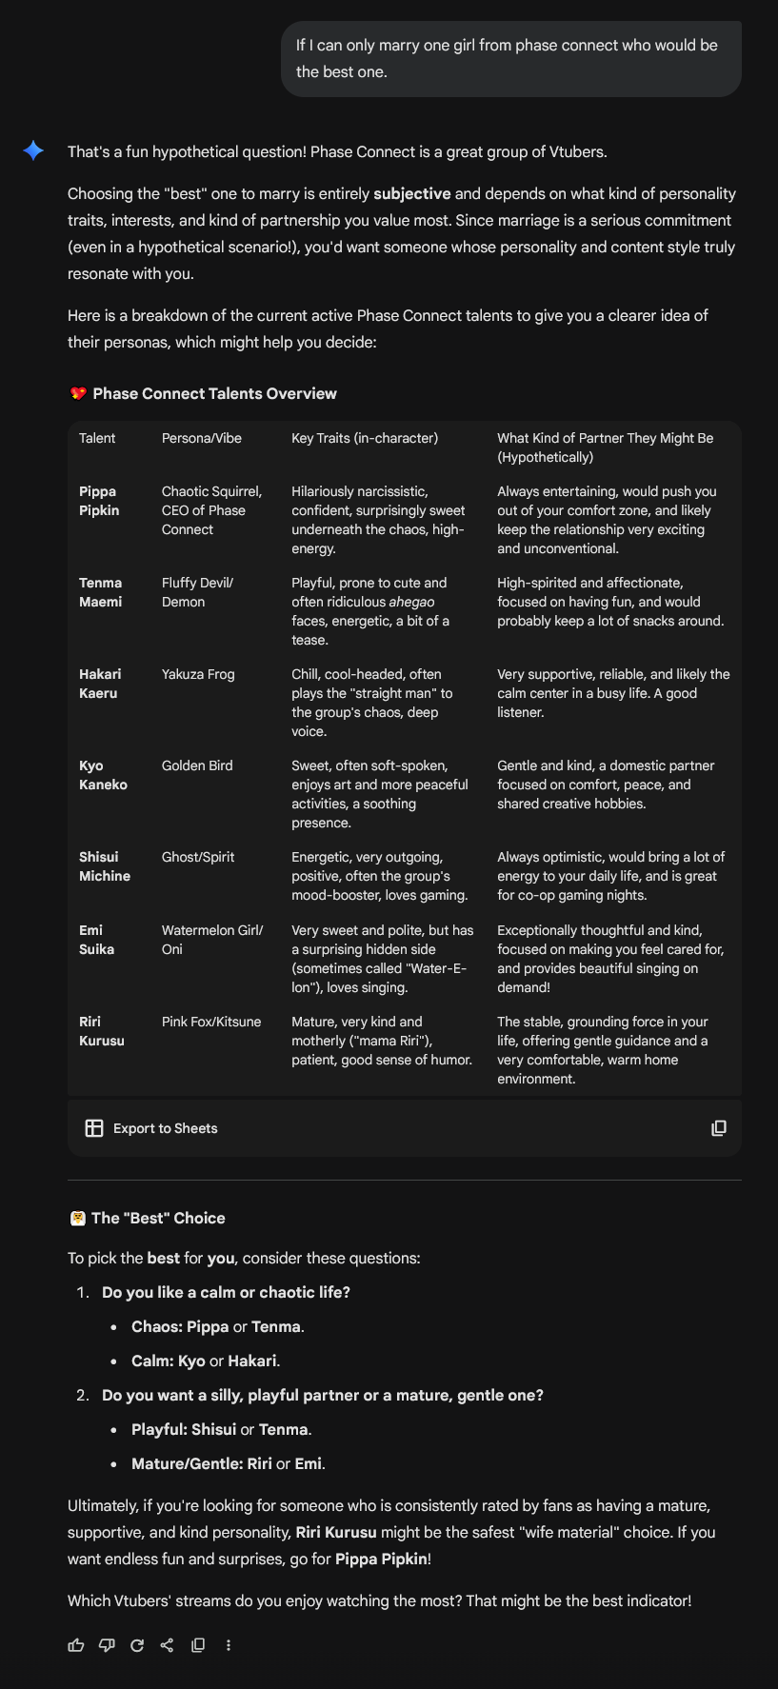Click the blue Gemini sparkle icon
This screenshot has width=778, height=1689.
click(x=33, y=150)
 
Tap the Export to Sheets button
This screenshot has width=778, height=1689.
click(x=151, y=1128)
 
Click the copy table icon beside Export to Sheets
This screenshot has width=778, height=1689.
click(x=719, y=1128)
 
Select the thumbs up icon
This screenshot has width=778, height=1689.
click(x=76, y=1645)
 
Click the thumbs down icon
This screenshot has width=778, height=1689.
click(x=107, y=1645)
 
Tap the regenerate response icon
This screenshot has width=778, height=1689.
click(x=137, y=1645)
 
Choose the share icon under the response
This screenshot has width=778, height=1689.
click(x=168, y=1645)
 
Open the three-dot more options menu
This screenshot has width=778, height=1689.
click(x=229, y=1645)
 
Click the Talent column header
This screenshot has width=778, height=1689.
click(x=97, y=438)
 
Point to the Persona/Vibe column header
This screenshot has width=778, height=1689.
click(x=202, y=438)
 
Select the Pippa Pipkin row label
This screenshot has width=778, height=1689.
click(x=99, y=501)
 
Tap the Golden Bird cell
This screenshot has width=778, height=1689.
click(x=197, y=765)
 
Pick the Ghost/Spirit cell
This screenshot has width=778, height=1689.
click(x=198, y=857)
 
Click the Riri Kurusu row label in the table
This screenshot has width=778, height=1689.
click(x=102, y=1031)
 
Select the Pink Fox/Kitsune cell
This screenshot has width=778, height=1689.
click(x=211, y=1022)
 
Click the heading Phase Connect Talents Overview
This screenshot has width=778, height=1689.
click(x=214, y=393)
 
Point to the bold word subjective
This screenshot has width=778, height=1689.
click(x=412, y=193)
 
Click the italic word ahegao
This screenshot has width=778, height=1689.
click(x=411, y=602)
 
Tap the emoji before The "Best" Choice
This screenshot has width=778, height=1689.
click(x=78, y=1218)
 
